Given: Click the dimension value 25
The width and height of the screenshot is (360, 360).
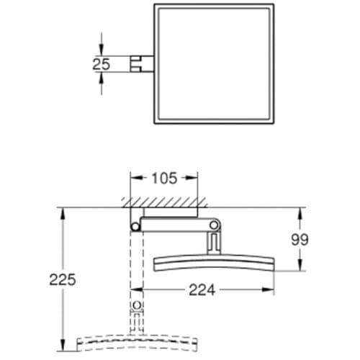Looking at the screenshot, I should click(x=101, y=63).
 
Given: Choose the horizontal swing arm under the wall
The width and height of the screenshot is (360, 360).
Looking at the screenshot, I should click(x=173, y=225).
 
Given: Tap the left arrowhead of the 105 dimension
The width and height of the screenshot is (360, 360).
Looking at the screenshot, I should click(x=132, y=177).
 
